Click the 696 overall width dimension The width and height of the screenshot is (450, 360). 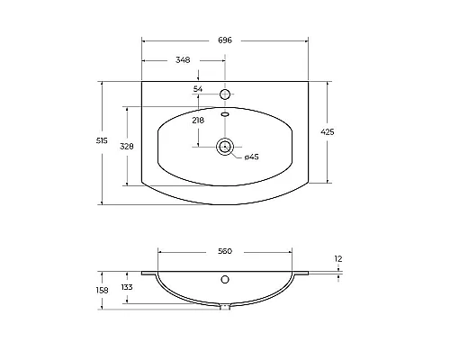(x=225, y=40)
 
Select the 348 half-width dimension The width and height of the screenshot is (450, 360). (x=183, y=60)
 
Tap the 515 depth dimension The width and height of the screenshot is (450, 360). (x=102, y=140)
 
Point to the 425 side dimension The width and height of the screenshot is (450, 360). (x=328, y=132)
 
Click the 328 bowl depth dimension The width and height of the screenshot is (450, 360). (x=127, y=147)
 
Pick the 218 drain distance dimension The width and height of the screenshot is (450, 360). (x=198, y=121)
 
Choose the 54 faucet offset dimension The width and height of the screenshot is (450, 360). (x=198, y=89)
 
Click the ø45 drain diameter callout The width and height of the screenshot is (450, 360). (x=251, y=157)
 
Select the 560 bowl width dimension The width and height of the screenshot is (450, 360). (x=225, y=251)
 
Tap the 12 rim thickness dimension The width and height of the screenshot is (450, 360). (x=338, y=259)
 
